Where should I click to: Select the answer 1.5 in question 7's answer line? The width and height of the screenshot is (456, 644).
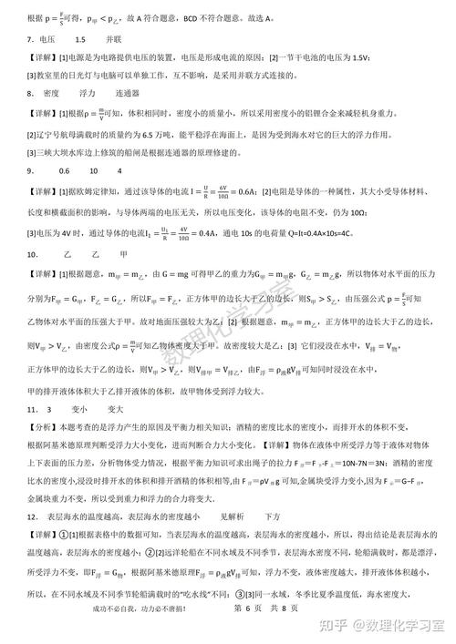point(80,40)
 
